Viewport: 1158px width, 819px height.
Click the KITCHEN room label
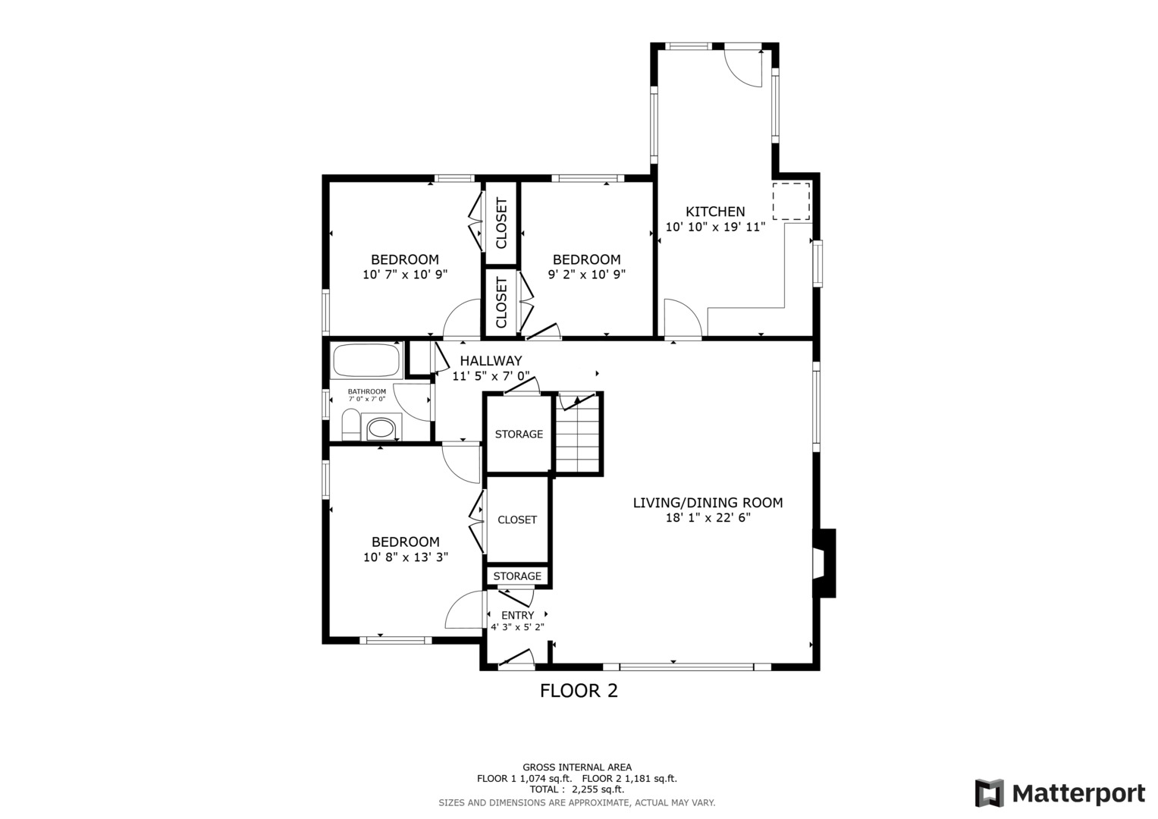click(x=715, y=212)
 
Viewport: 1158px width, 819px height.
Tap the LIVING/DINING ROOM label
click(x=708, y=502)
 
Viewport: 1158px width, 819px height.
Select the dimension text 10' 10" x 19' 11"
click(x=715, y=227)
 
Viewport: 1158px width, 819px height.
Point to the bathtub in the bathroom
click(x=366, y=361)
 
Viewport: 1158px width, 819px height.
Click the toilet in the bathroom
click(x=350, y=425)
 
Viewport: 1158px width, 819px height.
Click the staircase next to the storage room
click(x=579, y=435)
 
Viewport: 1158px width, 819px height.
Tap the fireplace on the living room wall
click(x=824, y=563)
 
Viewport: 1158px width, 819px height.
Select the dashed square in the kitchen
click(x=791, y=201)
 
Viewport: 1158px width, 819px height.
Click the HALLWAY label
click(x=491, y=361)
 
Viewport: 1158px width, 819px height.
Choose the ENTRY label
click(x=517, y=615)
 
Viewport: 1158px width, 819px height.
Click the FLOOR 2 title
click(x=579, y=691)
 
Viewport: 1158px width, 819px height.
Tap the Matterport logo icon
click(x=989, y=793)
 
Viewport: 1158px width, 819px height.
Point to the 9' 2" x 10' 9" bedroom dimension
click(x=586, y=275)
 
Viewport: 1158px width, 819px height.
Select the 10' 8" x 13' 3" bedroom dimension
click(x=406, y=557)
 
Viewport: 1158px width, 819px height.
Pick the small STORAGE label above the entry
click(x=517, y=576)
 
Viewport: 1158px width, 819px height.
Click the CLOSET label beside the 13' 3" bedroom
click(x=517, y=519)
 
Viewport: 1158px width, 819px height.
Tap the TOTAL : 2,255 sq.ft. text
click(x=576, y=789)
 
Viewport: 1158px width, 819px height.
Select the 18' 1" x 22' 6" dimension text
click(x=708, y=518)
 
